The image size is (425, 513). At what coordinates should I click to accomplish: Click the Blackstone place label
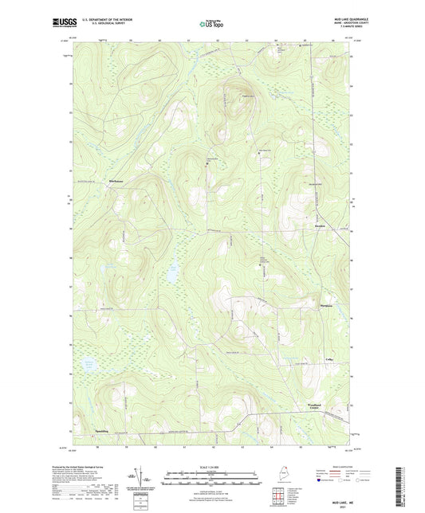[x=118, y=182]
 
